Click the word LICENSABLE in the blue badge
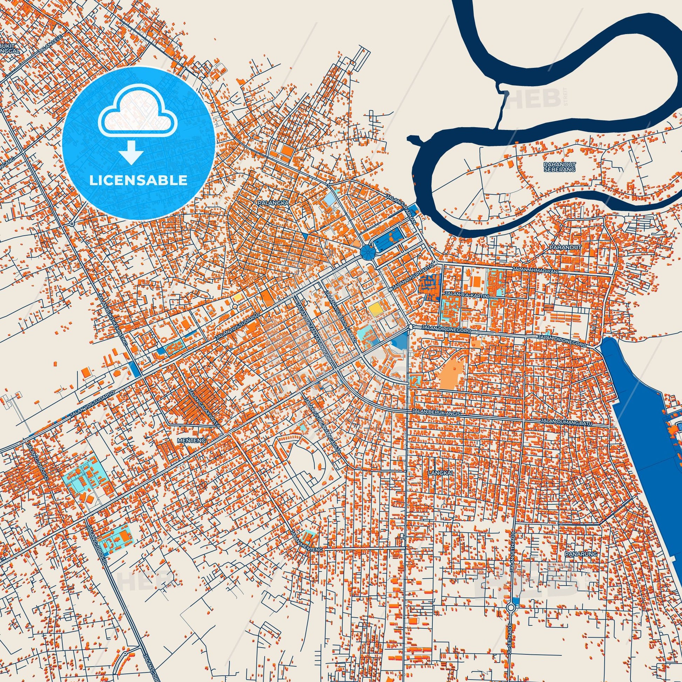(x=138, y=180)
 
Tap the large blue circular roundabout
(x=368, y=253)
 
